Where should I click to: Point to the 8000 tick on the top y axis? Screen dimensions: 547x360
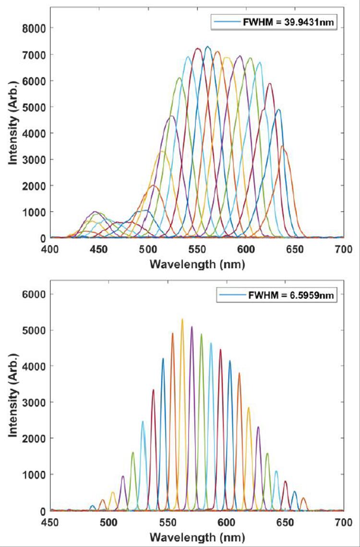[x=35, y=28]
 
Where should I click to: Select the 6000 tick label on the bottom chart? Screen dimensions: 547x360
[x=35, y=294]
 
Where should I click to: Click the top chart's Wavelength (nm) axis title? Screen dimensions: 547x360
[x=197, y=263]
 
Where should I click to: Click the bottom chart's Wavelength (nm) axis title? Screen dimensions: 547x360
[x=197, y=536]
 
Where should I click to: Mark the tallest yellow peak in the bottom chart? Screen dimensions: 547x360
[x=182, y=319]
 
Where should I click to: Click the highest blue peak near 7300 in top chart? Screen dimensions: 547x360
[x=207, y=47]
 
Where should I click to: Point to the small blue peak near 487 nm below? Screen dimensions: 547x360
[x=93, y=506]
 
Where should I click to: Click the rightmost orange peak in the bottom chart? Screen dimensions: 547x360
[x=303, y=498]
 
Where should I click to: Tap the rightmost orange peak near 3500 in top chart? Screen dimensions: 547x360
[x=283, y=146]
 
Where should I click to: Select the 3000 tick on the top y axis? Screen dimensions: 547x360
[x=35, y=159]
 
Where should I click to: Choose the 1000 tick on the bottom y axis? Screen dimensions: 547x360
[x=35, y=475]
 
